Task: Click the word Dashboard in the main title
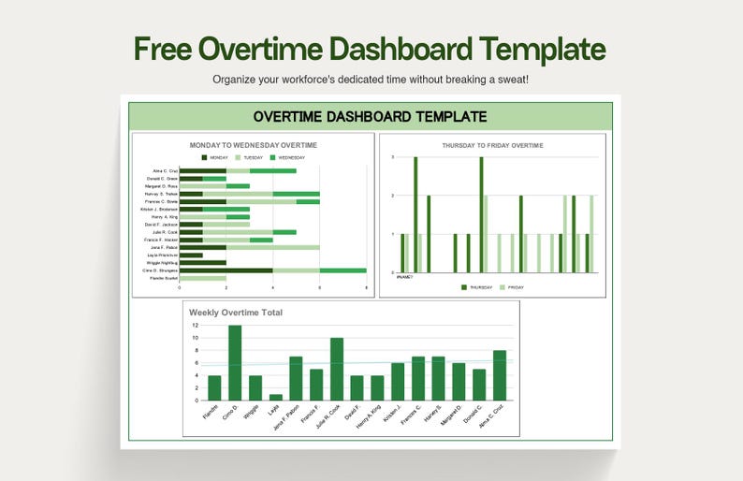[x=405, y=49]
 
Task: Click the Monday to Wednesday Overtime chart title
[x=254, y=145]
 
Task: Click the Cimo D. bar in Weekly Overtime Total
[x=235, y=363]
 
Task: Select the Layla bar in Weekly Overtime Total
[x=275, y=397]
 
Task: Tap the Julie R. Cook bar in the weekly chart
[x=336, y=369]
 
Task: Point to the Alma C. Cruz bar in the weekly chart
[x=500, y=375]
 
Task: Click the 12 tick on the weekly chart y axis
[x=195, y=326]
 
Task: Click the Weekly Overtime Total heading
[x=236, y=313]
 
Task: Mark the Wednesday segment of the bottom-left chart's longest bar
[x=342, y=270]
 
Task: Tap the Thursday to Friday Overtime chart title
[x=492, y=145]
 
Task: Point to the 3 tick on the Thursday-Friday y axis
[x=393, y=157]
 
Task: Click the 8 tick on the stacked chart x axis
[x=366, y=288]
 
